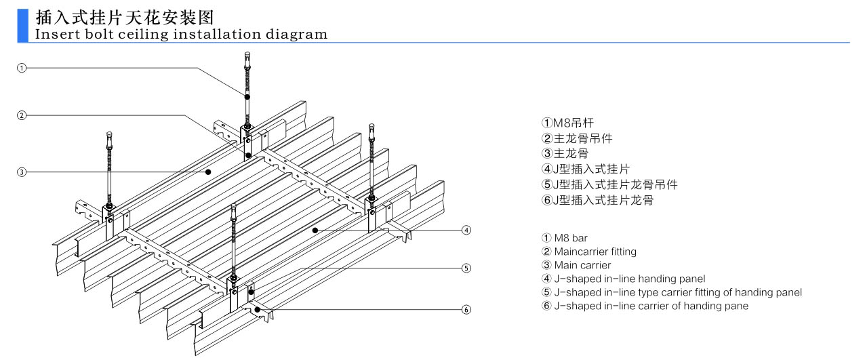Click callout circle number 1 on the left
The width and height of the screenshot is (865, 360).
tap(22, 68)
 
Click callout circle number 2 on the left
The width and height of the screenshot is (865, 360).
tap(22, 115)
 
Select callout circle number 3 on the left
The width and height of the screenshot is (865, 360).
tap(22, 172)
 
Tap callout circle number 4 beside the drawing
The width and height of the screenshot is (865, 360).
tap(466, 231)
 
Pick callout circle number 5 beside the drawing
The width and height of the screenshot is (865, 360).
tap(466, 268)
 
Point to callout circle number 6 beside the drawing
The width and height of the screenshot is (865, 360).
tap(466, 310)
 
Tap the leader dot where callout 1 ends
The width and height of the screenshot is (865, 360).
tap(247, 98)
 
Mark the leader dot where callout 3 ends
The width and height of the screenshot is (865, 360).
tap(209, 172)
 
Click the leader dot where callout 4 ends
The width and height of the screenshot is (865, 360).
tap(315, 231)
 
